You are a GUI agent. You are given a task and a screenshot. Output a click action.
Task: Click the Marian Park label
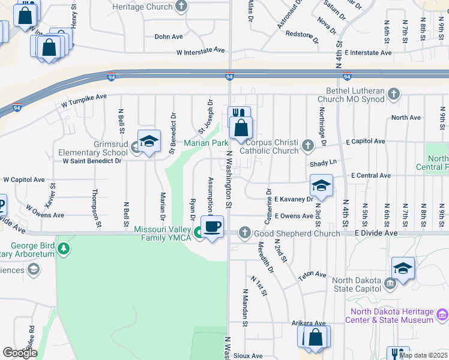pos(206,143)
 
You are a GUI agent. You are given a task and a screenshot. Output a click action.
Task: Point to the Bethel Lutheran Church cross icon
pos(394,94)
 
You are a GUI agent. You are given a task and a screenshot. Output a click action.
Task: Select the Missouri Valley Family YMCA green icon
pos(197,232)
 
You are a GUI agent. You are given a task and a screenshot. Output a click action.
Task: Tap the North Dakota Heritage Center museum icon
pos(442,314)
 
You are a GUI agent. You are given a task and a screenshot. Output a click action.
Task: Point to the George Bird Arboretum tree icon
pos(62,247)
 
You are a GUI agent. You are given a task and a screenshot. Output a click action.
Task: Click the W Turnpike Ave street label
pos(84,100)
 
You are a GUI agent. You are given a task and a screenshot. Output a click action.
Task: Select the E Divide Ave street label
pos(376,233)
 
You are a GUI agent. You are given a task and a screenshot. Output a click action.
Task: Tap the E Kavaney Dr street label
pos(294,199)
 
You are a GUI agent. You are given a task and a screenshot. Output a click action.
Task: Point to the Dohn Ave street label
pos(169,37)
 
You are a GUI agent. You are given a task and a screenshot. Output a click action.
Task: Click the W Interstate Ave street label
pos(200,52)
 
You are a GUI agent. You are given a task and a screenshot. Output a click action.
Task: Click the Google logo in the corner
pos(20,353)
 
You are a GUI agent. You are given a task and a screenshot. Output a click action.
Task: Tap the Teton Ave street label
pos(312,275)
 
